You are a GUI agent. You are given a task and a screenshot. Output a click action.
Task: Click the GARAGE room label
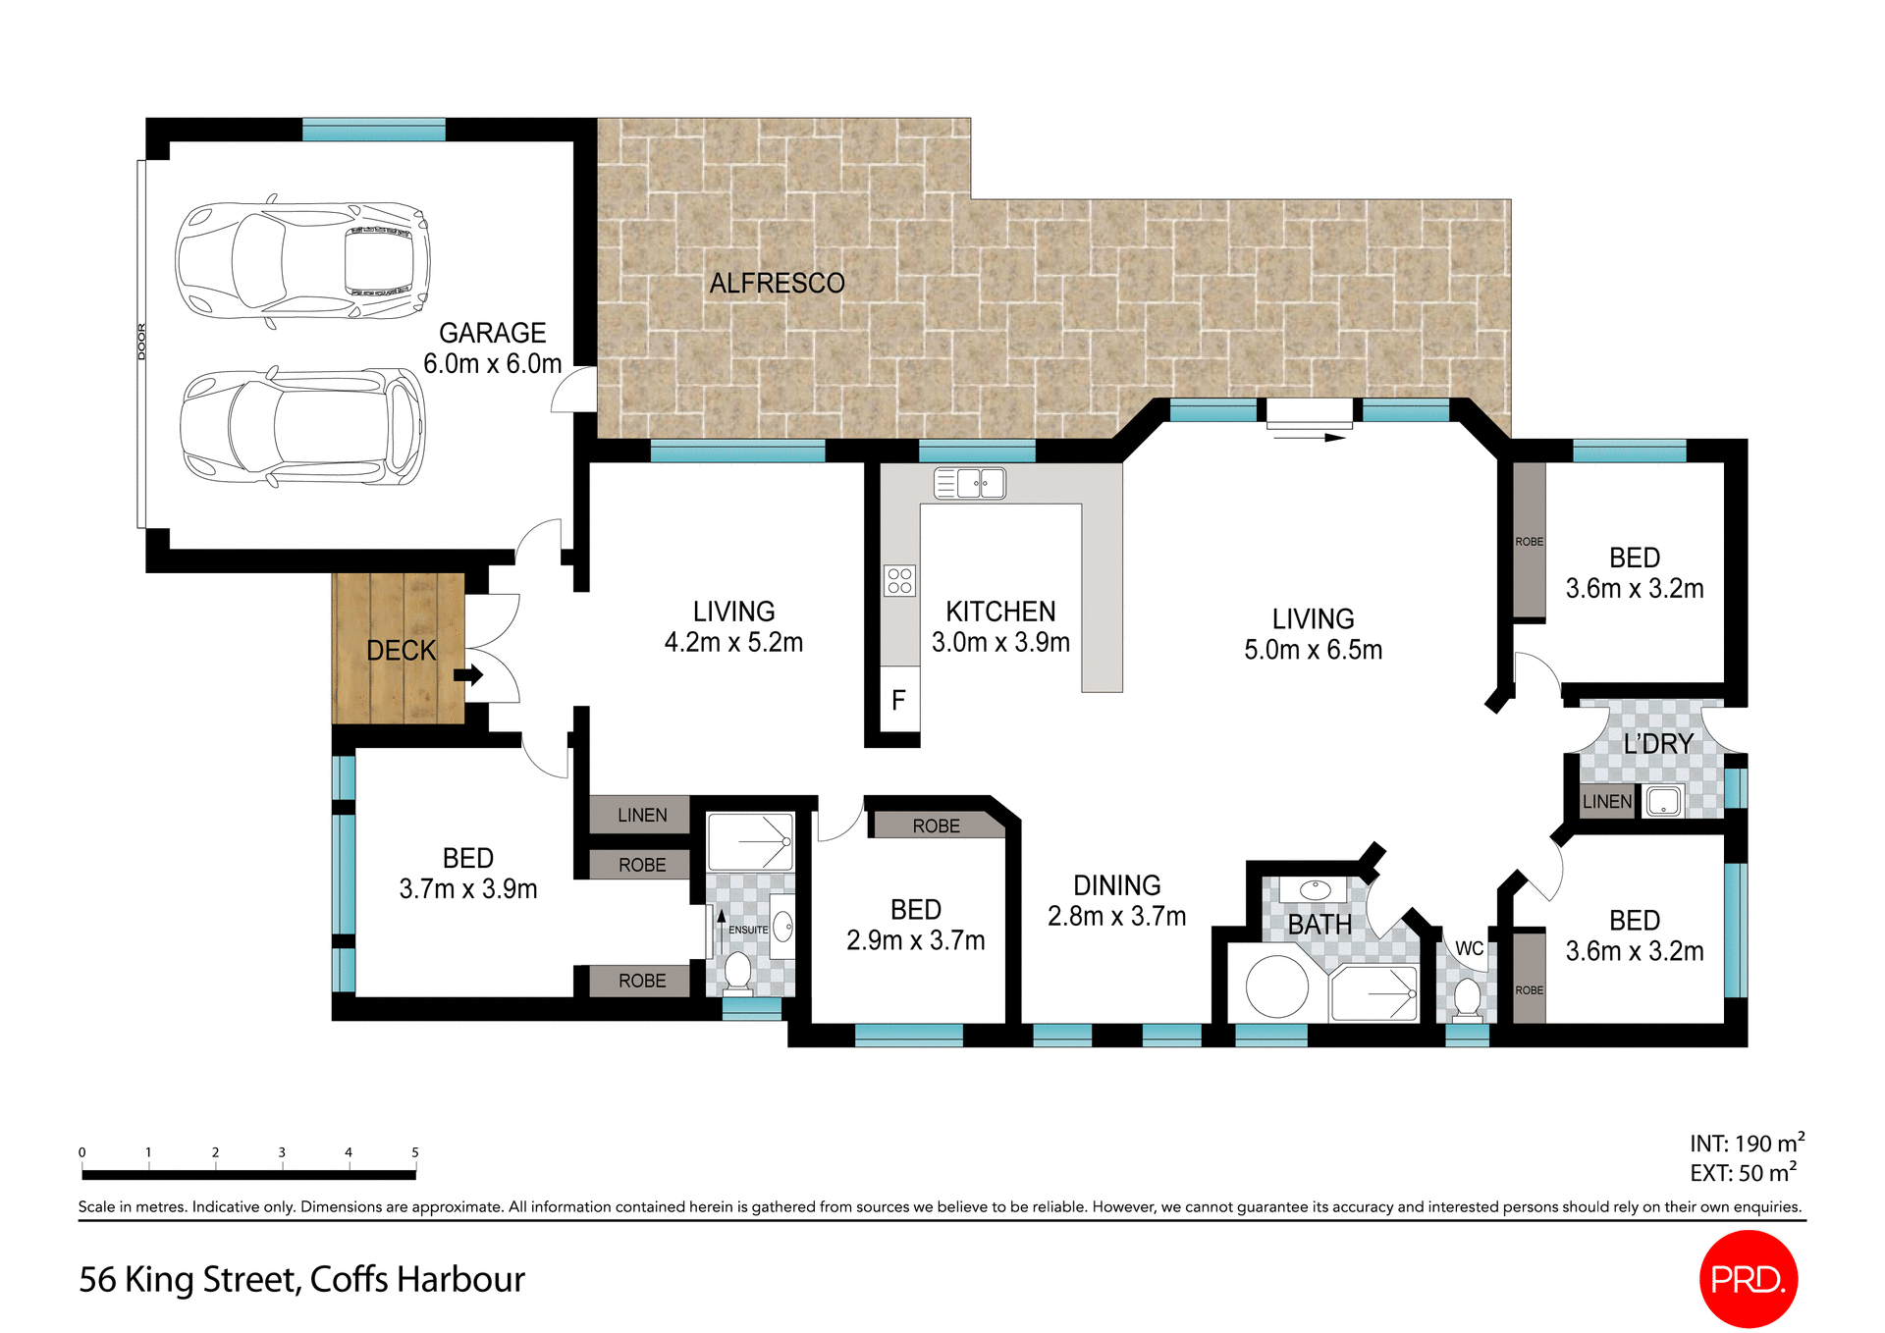(492, 334)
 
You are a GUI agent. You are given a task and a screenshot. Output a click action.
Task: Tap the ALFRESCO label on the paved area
(777, 284)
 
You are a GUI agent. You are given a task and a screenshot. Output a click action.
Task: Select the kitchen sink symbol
(970, 483)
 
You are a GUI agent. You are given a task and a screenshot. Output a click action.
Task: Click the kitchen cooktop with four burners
(899, 580)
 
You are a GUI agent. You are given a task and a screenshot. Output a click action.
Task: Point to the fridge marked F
(898, 700)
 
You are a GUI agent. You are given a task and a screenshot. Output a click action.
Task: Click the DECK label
(401, 651)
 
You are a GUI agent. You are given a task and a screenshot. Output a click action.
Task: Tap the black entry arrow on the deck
(469, 675)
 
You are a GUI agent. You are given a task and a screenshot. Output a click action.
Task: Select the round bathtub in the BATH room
(1276, 986)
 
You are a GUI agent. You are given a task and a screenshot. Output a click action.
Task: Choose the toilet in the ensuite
(737, 971)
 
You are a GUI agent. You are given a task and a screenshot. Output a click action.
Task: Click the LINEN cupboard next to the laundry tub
(1606, 802)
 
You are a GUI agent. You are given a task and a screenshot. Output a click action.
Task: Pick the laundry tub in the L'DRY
(1663, 802)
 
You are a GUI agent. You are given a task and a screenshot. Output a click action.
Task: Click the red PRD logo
(1748, 1279)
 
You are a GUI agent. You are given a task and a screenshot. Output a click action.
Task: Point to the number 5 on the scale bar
(415, 1152)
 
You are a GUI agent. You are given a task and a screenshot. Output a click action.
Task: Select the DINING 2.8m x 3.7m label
(1116, 901)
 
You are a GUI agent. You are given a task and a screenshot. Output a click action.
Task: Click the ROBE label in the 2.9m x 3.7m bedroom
(936, 826)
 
